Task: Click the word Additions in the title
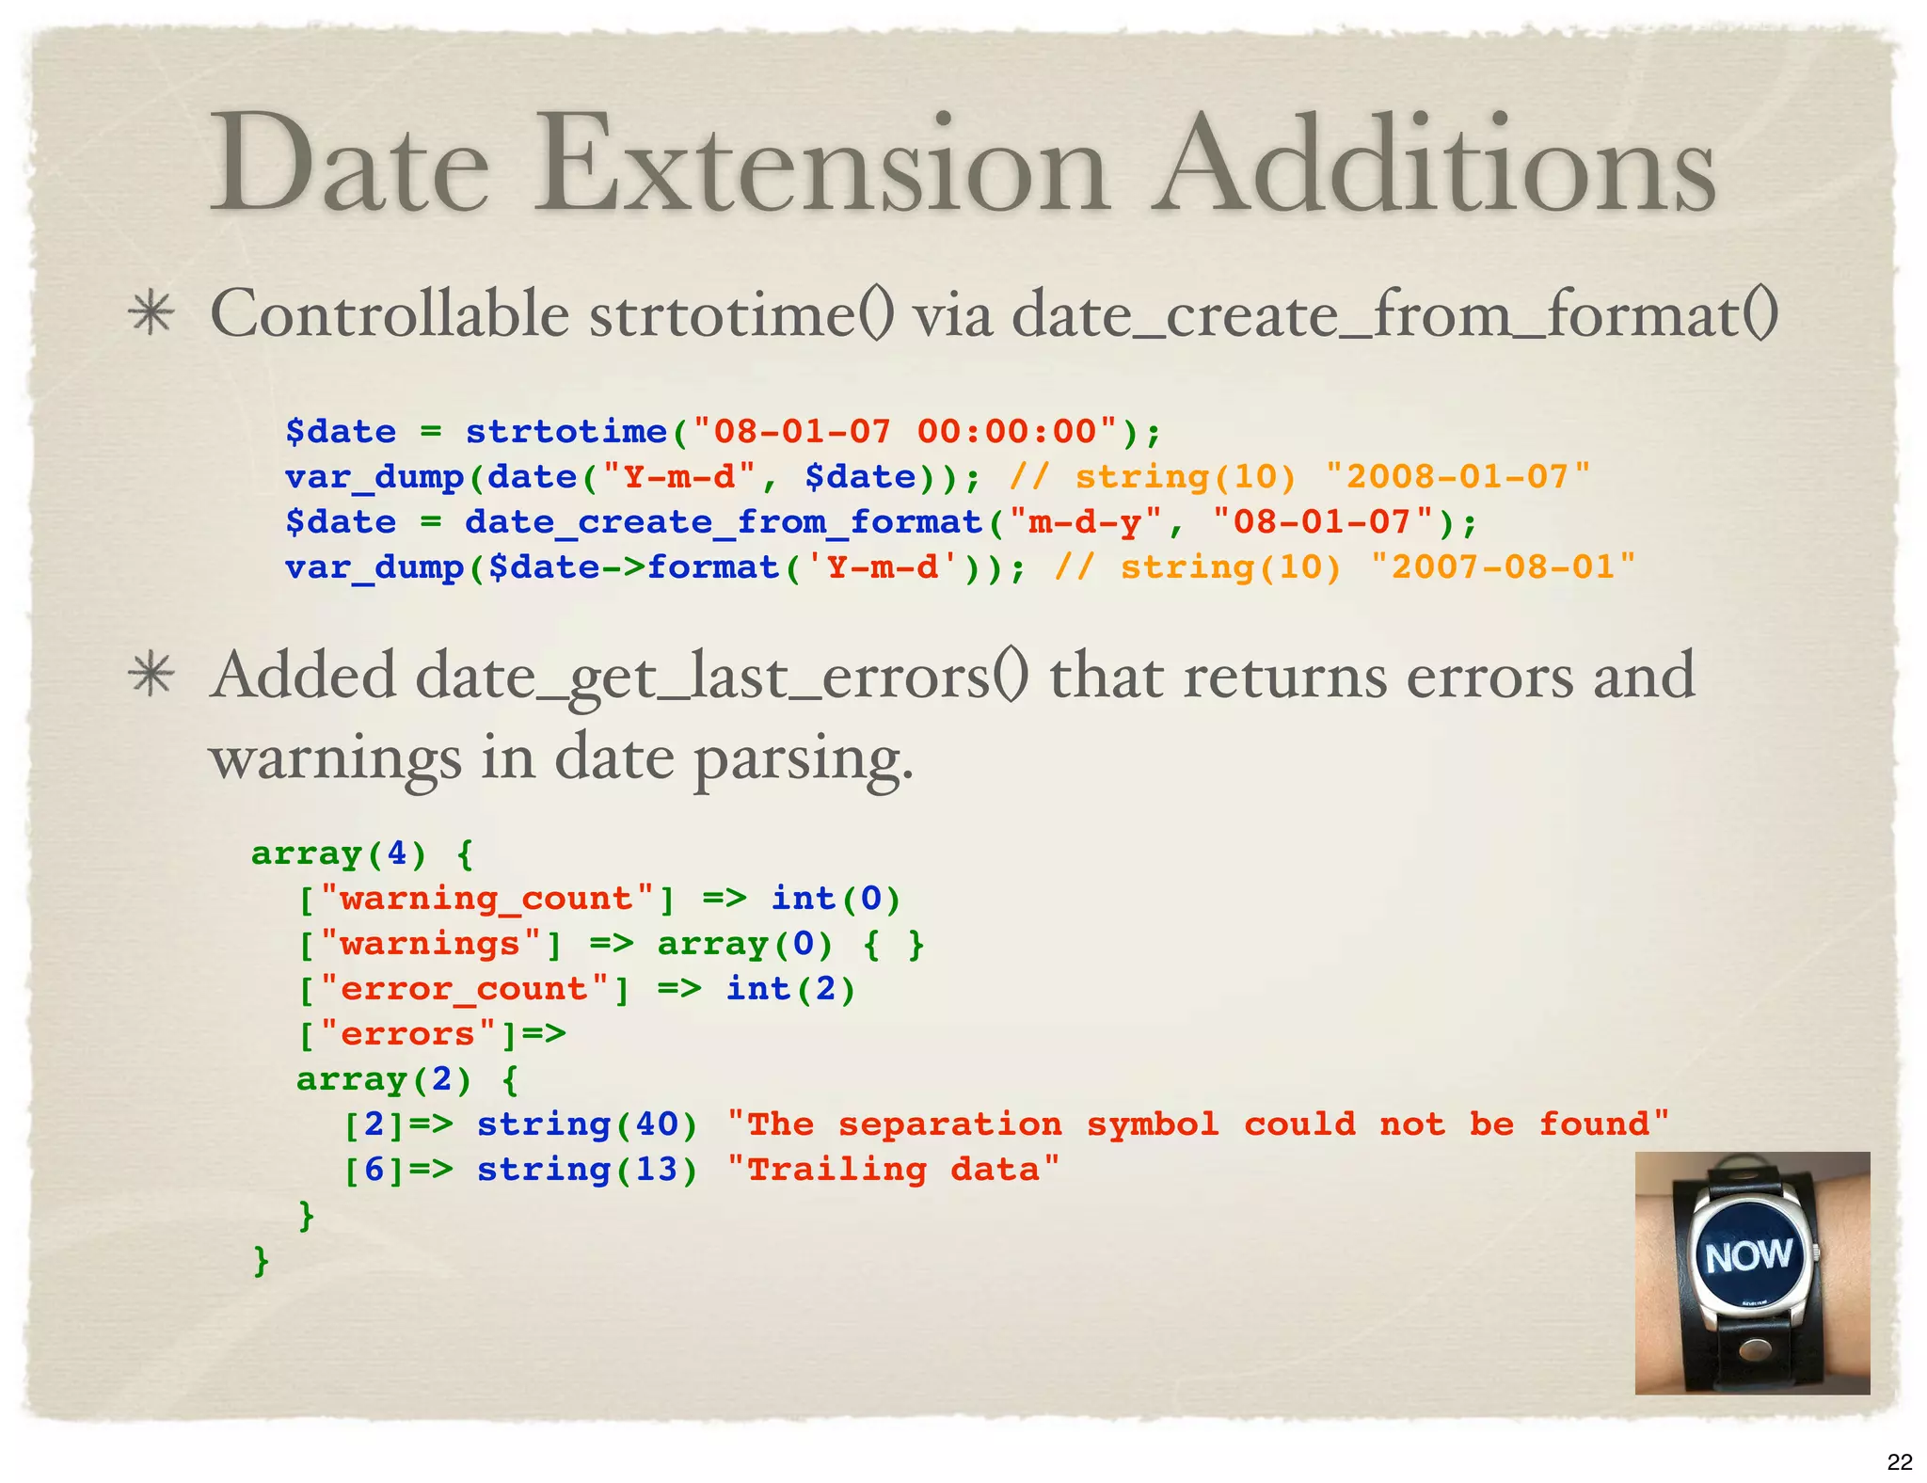point(1435,165)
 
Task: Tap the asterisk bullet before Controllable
point(151,314)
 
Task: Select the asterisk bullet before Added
point(151,676)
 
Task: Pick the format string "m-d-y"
point(1085,522)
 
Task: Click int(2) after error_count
point(790,989)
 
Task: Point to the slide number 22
point(1900,1461)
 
